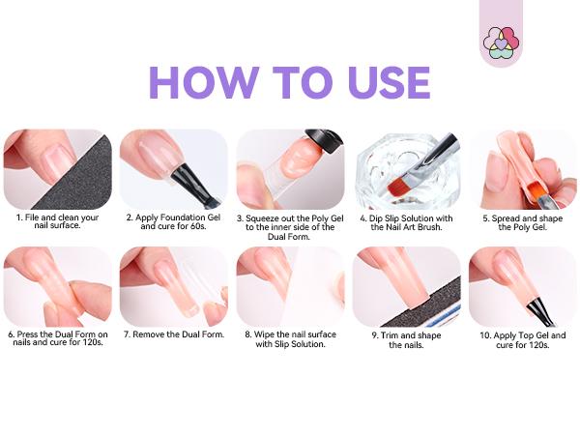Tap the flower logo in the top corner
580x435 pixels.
[x=501, y=40]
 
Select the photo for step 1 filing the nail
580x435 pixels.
[x=57, y=169]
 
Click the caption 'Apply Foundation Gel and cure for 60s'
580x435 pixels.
[x=173, y=222]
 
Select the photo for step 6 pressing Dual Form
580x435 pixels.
[x=57, y=286]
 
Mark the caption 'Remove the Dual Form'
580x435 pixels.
[x=174, y=334]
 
